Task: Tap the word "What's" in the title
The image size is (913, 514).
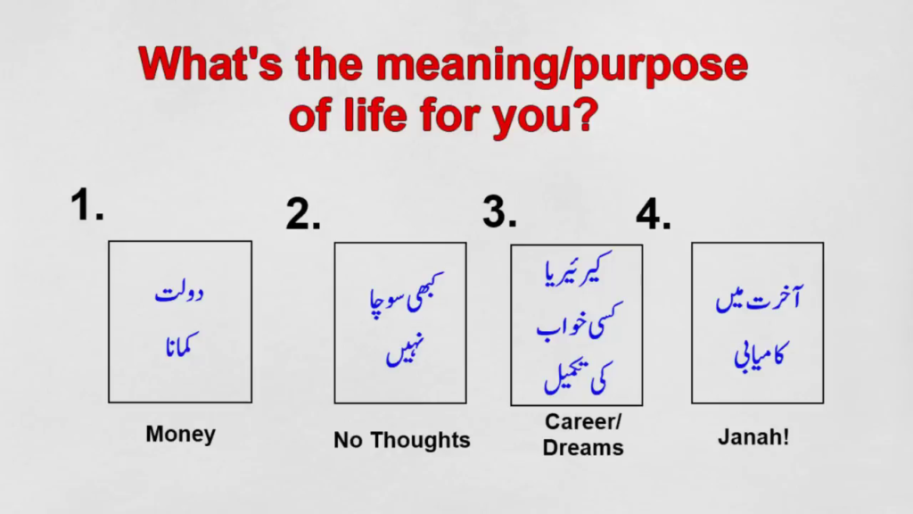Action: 210,63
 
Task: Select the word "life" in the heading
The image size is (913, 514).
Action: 375,113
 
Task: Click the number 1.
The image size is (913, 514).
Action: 86,204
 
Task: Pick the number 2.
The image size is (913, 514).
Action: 303,214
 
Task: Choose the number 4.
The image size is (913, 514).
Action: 654,214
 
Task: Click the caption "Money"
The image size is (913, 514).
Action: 180,435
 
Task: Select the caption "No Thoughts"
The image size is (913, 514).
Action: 402,440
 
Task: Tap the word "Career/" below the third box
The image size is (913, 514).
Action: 583,421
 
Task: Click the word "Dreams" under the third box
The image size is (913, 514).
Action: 583,448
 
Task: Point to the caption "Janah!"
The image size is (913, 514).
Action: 753,437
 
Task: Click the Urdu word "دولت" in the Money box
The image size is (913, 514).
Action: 179,293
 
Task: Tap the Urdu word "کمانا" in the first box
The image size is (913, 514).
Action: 182,345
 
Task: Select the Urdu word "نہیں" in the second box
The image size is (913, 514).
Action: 405,350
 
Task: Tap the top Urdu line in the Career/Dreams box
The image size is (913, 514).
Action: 578,269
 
